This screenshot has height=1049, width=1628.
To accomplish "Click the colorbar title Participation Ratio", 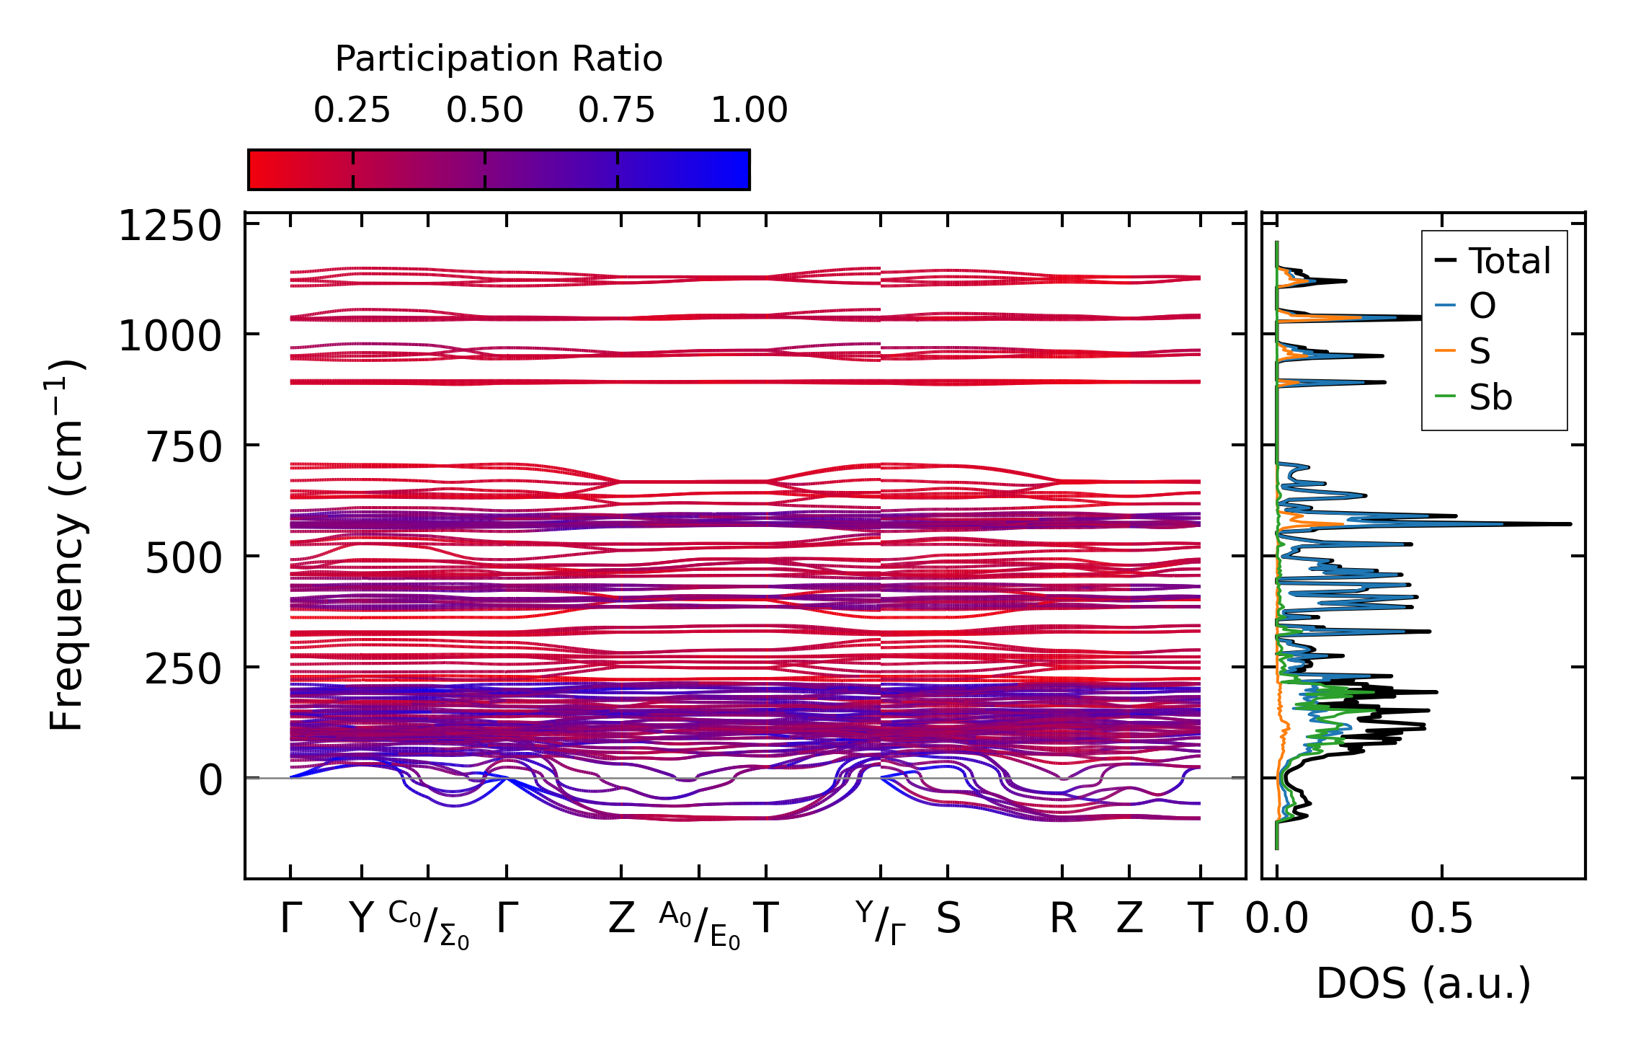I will (x=499, y=59).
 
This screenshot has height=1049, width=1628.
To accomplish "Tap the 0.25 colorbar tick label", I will (x=352, y=111).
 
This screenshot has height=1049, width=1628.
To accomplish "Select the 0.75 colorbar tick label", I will (x=617, y=111).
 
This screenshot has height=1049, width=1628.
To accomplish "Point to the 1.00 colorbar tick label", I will (x=749, y=111).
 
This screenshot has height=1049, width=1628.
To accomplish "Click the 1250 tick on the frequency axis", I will (x=160, y=227).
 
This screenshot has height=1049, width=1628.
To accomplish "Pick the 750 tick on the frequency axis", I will (x=174, y=448).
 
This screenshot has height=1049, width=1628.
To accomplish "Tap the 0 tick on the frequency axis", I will (x=210, y=781).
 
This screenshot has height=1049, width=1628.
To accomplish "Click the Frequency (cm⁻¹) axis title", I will (x=67, y=545).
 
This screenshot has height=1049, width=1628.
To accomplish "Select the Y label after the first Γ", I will (x=361, y=919).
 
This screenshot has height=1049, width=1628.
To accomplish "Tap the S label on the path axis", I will (x=948, y=919).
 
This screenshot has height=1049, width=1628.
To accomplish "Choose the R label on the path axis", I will (x=1063, y=919).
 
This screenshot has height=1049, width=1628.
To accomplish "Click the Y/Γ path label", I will (x=881, y=923).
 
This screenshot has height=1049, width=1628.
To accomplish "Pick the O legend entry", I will (x=1482, y=306).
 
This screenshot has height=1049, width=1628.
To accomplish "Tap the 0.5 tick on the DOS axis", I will (x=1441, y=919).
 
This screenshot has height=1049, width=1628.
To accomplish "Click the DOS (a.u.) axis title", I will (x=1423, y=984).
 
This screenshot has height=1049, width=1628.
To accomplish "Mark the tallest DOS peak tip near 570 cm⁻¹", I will (x=1570, y=524).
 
